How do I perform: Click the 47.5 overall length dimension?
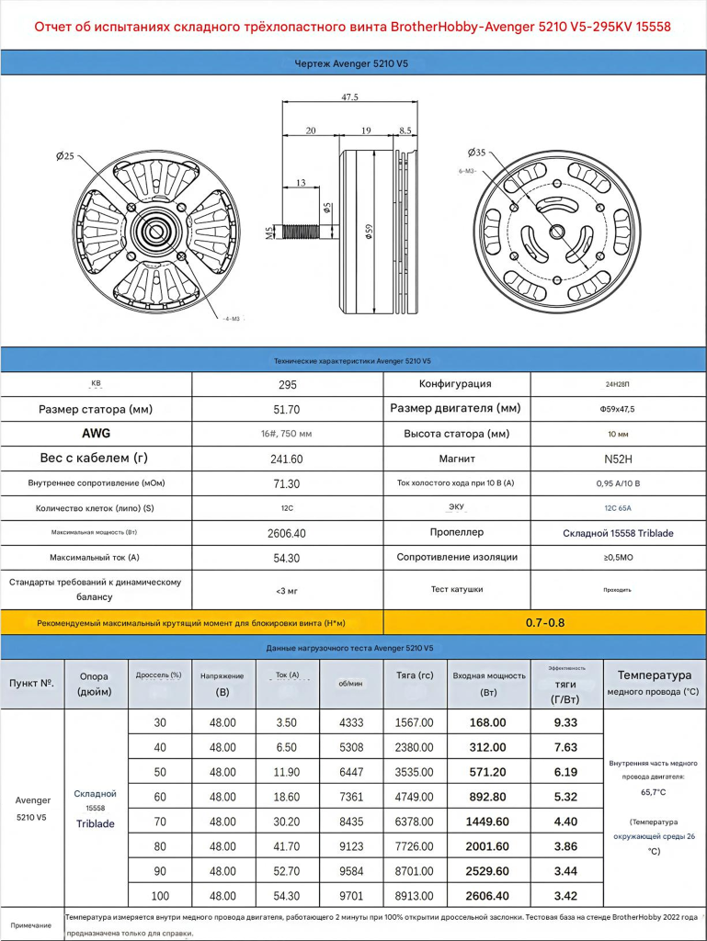349,96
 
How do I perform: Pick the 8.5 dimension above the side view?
405,130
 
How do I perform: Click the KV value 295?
287,384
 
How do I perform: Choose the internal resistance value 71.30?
287,483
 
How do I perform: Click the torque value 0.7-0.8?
545,622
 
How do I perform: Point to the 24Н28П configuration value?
618,384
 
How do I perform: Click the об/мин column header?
349,683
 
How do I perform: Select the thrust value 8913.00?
414,895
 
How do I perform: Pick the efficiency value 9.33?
565,723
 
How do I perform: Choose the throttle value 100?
161,895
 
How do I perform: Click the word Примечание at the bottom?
31,925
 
